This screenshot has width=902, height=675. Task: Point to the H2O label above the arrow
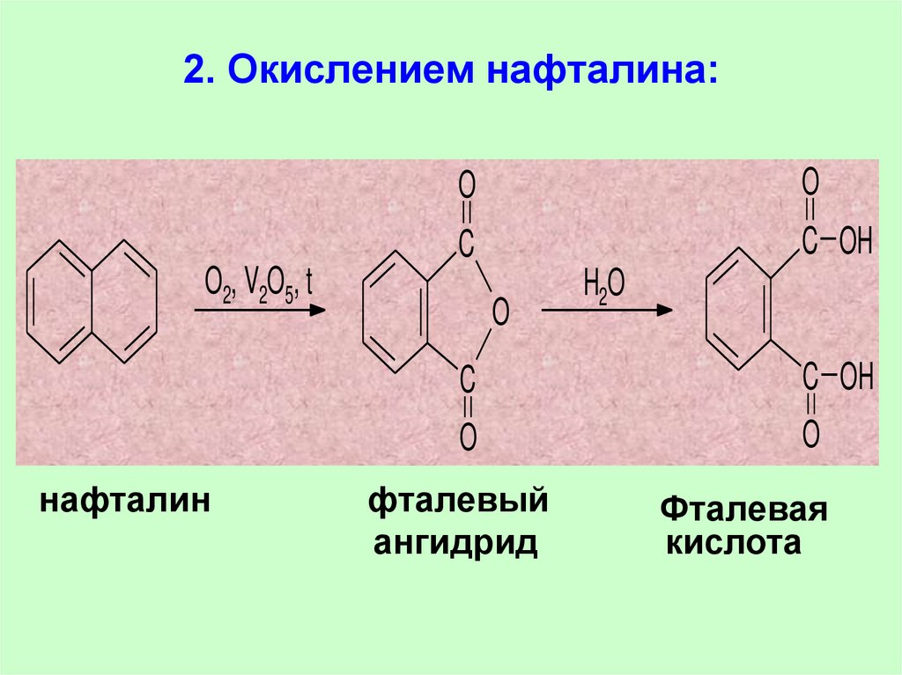603,287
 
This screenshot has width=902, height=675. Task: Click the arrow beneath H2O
607,310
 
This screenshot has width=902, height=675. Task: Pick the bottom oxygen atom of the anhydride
468,435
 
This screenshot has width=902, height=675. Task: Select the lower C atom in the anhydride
468,378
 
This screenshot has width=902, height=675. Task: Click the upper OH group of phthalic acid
855,240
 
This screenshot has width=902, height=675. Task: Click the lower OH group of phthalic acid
855,380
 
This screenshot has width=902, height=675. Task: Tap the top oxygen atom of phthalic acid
810,182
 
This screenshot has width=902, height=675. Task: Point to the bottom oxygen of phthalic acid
810,433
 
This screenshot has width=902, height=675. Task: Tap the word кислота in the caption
733,544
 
